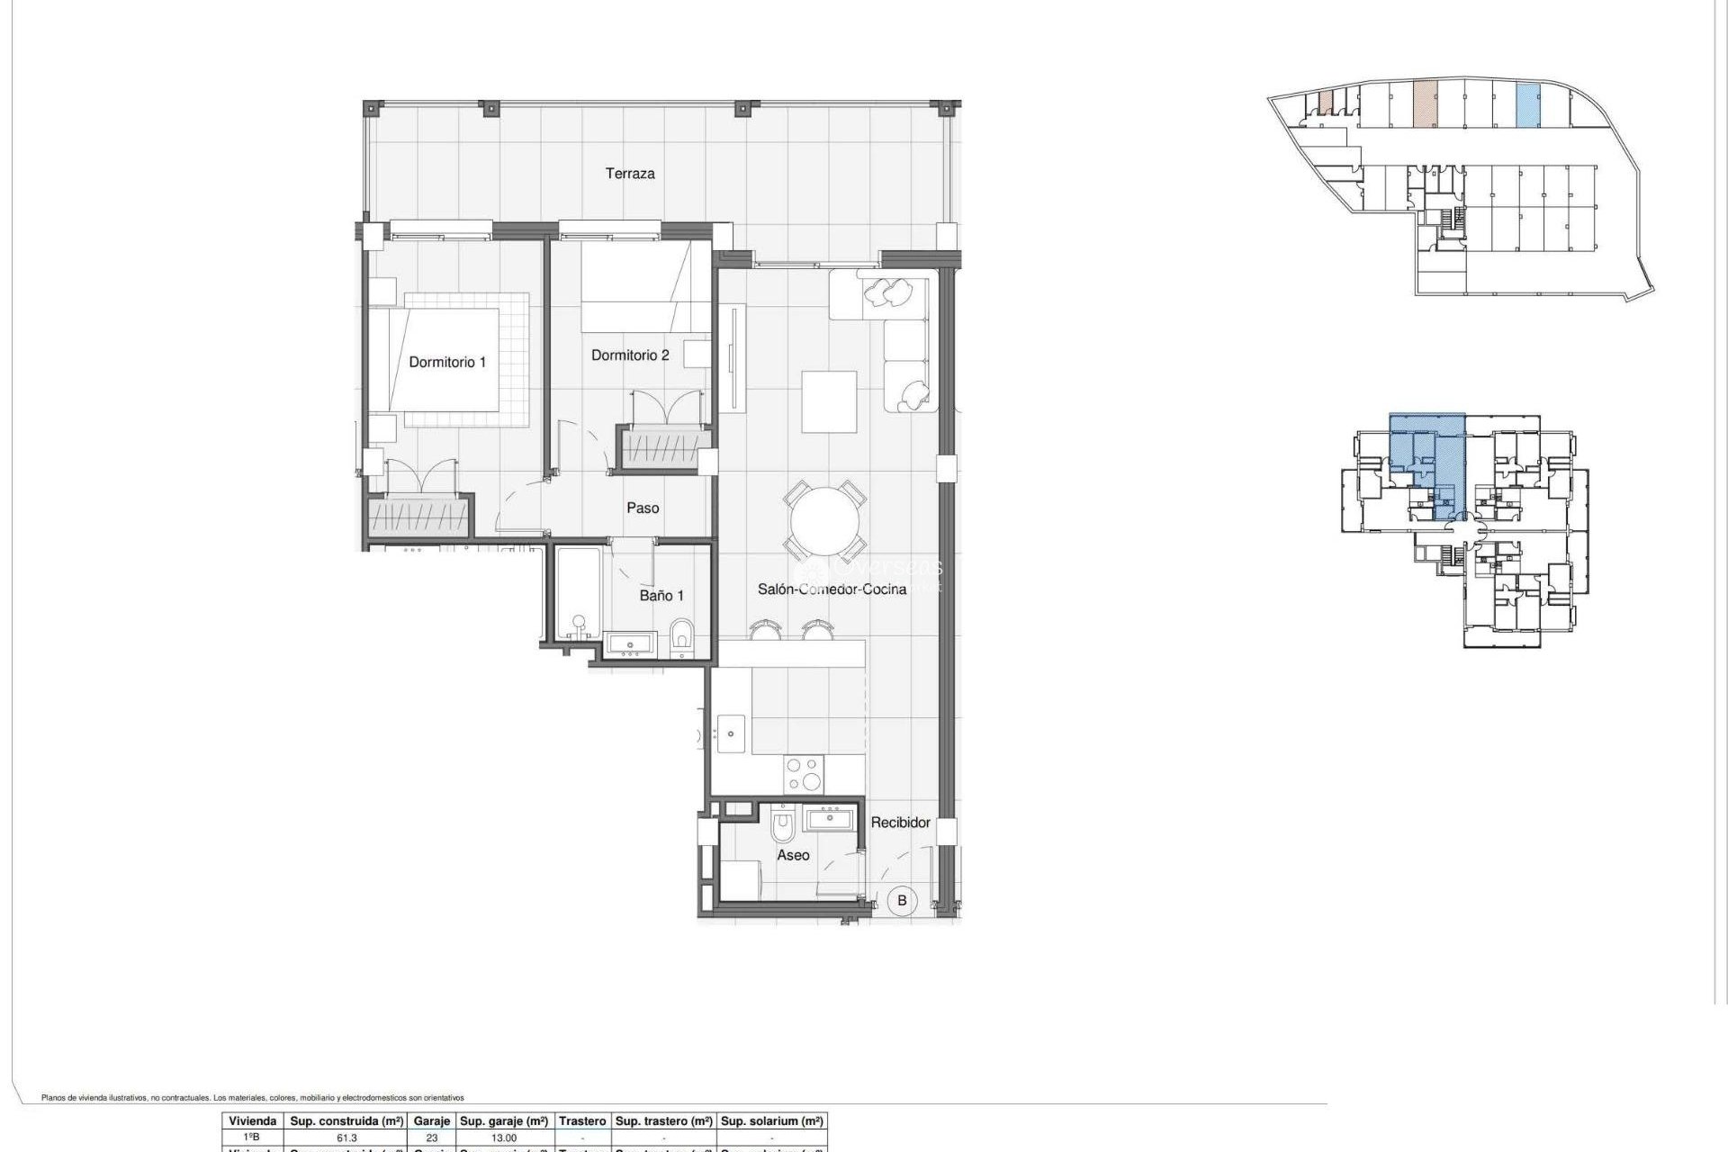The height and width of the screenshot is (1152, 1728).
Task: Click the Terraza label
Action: (629, 174)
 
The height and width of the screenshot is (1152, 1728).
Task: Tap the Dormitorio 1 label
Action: (447, 362)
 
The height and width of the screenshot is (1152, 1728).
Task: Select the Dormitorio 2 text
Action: (630, 355)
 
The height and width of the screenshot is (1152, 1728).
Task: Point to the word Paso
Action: (643, 508)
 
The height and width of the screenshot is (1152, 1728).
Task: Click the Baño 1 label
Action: (661, 596)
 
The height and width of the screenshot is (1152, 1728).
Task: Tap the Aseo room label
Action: (793, 855)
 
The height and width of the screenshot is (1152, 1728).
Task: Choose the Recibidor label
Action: (900, 823)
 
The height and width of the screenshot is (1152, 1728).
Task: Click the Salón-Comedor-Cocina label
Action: (832, 589)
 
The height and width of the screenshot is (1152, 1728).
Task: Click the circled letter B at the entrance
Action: (902, 900)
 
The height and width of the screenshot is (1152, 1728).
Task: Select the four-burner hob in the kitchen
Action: (804, 774)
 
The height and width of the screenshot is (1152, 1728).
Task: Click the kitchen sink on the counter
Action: (731, 733)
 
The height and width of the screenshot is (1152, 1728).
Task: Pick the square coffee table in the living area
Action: (829, 401)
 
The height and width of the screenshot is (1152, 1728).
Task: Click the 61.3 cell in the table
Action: (346, 1138)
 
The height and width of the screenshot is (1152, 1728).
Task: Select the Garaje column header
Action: (431, 1121)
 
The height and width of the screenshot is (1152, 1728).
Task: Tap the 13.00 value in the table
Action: (503, 1138)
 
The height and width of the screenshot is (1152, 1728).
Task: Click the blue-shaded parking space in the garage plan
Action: (1527, 105)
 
